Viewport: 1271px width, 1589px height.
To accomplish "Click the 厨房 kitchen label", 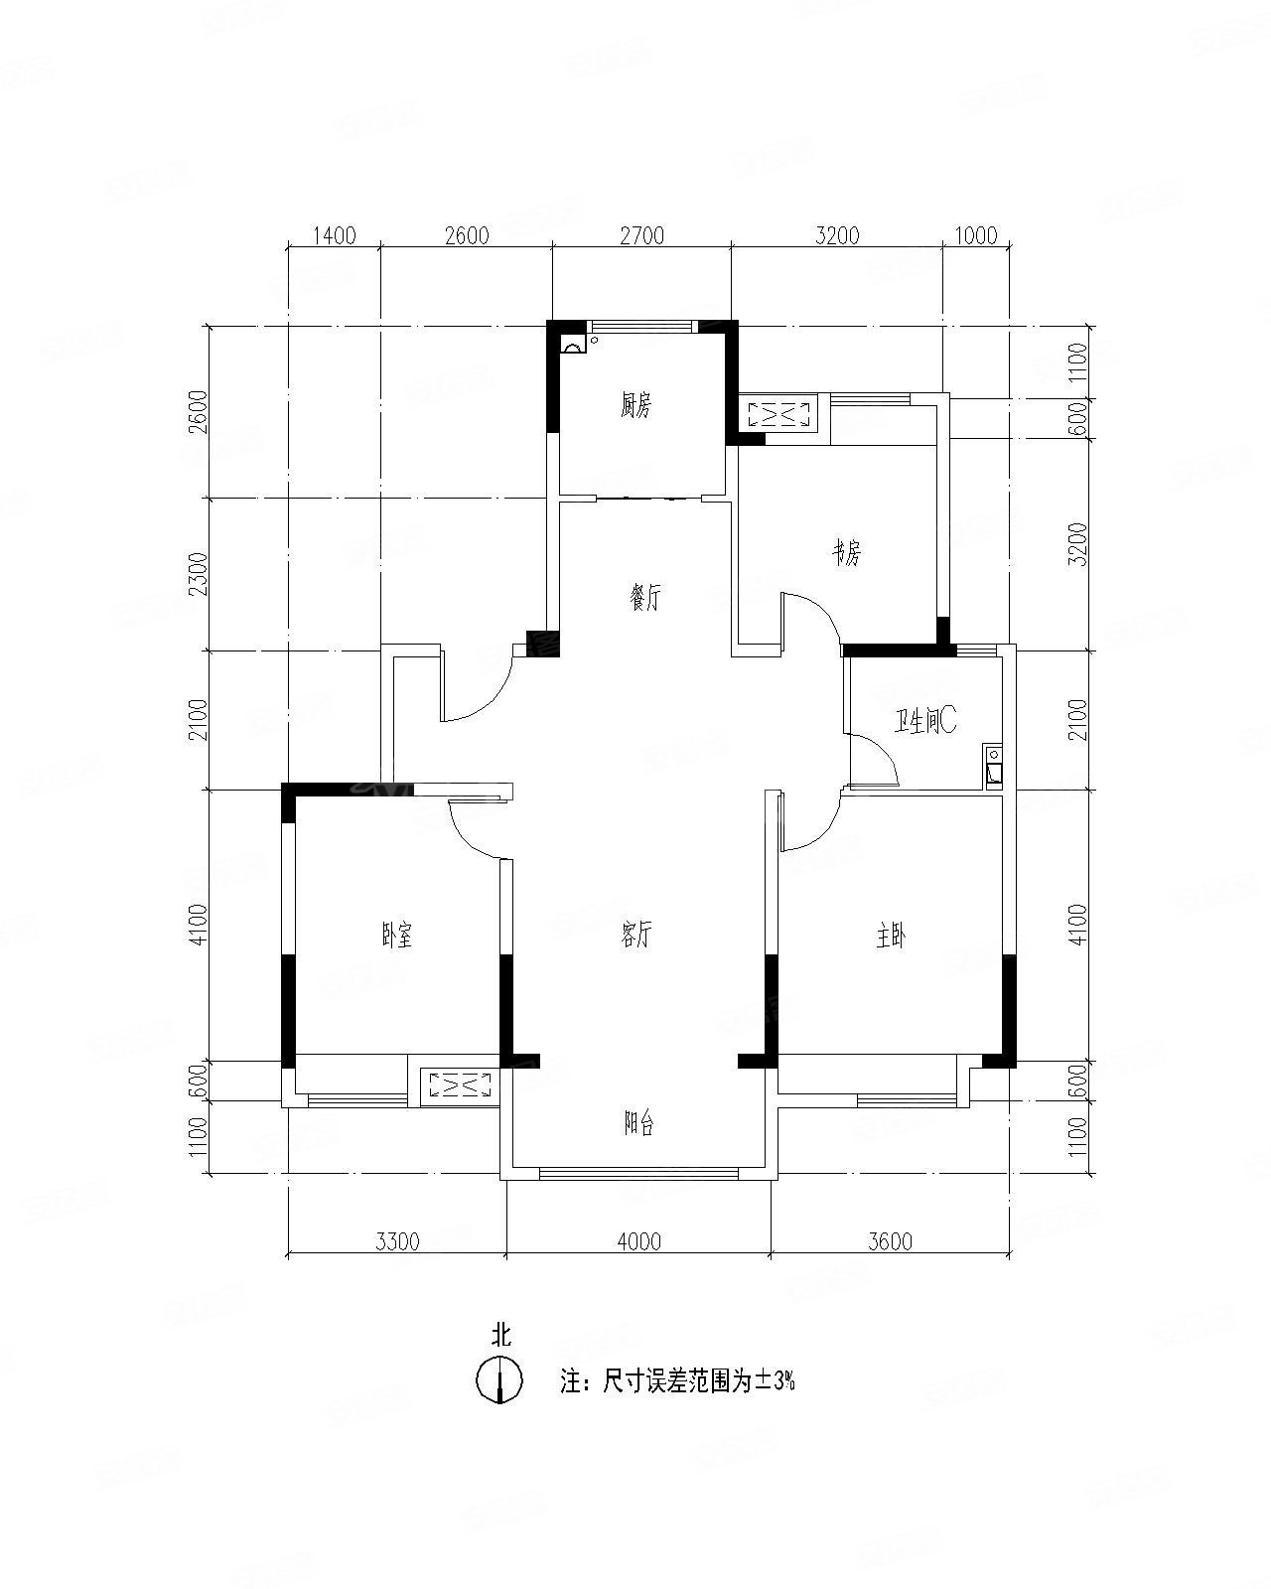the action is tap(635, 405).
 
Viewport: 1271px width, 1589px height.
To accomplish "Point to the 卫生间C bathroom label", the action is tap(925, 721).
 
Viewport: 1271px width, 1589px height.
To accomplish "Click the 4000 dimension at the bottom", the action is tap(639, 1241).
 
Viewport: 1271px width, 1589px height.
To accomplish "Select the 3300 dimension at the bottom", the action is tap(397, 1241).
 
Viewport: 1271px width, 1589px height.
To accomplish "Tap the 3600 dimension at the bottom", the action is tap(890, 1241).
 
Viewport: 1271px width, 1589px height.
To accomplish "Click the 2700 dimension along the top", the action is tap(642, 235).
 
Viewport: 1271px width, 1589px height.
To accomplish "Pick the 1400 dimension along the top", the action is tap(334, 235).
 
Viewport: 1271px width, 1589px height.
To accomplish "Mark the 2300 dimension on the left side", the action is tap(198, 574).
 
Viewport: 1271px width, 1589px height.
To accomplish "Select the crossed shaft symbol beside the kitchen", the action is tap(781, 414).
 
